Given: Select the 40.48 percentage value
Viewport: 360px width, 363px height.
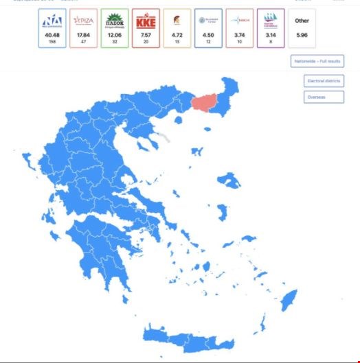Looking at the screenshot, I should (x=52, y=35).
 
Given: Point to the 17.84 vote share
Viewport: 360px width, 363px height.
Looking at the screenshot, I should (x=84, y=35).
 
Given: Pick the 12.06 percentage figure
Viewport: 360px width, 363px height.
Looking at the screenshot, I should (x=115, y=35).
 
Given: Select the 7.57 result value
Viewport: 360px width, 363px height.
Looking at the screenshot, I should (x=146, y=35).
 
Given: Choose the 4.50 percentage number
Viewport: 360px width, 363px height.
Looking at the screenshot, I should (x=208, y=35).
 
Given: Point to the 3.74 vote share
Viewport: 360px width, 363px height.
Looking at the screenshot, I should (x=240, y=35).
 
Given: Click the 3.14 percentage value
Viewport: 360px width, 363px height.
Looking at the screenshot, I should (x=271, y=35).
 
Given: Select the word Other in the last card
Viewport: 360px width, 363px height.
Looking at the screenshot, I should (x=302, y=21).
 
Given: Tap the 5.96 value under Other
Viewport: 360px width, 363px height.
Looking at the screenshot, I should (x=302, y=34).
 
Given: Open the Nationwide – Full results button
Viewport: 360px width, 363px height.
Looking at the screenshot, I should (x=317, y=61).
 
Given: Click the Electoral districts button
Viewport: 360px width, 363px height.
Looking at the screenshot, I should (x=324, y=81).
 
